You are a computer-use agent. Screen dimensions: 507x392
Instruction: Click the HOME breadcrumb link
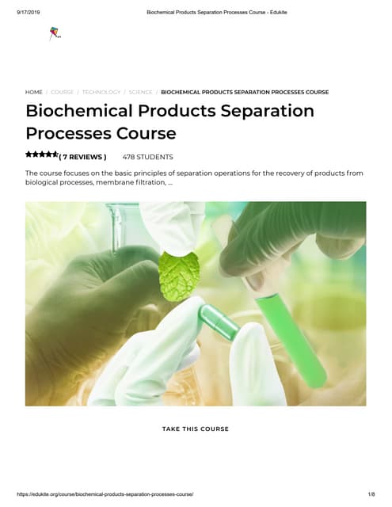[x=34, y=92]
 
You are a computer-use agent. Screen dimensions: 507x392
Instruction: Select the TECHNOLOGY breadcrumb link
[x=101, y=92]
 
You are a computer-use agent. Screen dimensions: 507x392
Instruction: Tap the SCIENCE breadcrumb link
[x=141, y=92]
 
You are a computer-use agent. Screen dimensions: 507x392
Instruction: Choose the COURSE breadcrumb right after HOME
[x=63, y=92]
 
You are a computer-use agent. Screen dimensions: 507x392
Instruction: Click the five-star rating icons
[x=41, y=154]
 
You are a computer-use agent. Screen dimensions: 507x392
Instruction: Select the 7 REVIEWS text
[x=84, y=157]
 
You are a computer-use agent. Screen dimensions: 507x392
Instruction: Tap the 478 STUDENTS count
[x=147, y=157]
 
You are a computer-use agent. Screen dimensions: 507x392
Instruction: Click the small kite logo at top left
[x=55, y=34]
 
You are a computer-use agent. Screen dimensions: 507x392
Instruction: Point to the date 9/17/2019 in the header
[x=29, y=11]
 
